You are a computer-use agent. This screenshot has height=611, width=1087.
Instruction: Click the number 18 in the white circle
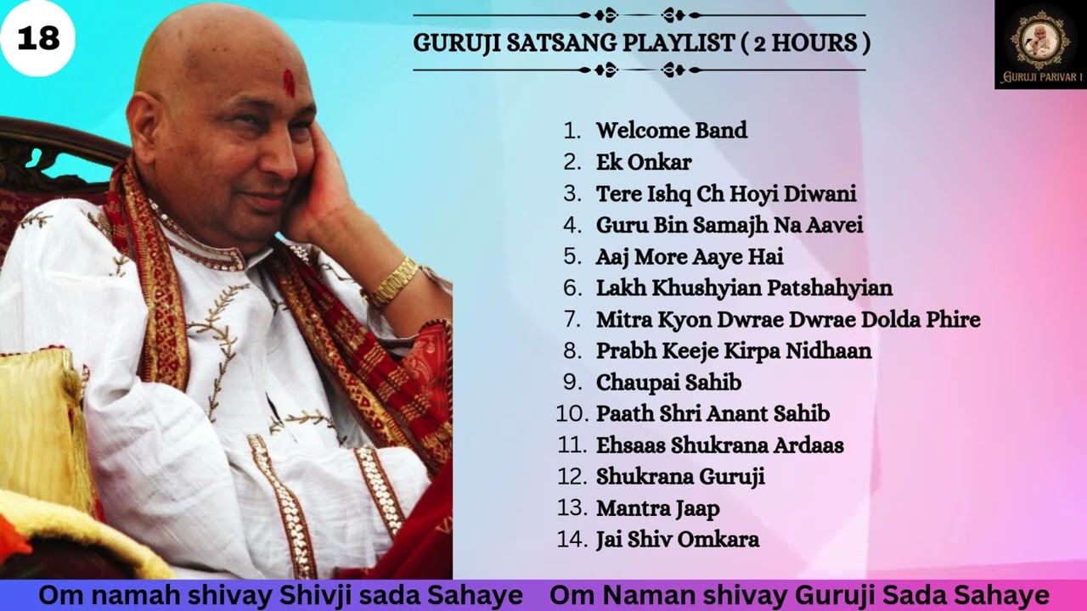point(38,38)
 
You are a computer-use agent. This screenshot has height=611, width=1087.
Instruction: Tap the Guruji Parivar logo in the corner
point(1040,44)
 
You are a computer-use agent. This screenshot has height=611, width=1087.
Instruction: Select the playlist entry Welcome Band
point(671,131)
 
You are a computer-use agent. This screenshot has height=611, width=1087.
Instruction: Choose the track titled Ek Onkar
point(644,162)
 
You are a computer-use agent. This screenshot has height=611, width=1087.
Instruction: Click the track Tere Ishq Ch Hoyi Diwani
point(726,193)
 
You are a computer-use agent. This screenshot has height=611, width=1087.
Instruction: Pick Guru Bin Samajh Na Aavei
point(729,225)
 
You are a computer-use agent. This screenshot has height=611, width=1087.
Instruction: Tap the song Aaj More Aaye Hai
point(690,256)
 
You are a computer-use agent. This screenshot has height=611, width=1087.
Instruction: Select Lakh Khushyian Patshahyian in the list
point(744,288)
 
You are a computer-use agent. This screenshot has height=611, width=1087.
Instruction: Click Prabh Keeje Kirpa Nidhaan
point(734,350)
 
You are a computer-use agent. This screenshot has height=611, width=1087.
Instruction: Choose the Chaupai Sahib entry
point(668,382)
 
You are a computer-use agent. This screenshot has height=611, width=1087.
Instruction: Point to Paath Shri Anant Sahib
point(712,413)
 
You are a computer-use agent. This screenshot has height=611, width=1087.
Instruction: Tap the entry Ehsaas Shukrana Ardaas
point(719,445)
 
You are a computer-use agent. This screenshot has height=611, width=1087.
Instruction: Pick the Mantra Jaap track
point(657,508)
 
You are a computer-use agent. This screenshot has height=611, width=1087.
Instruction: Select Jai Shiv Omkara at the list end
point(677,540)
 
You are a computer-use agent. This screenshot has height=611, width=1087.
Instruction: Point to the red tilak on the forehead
point(289,82)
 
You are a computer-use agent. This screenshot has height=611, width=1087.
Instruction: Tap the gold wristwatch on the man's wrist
point(393,282)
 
